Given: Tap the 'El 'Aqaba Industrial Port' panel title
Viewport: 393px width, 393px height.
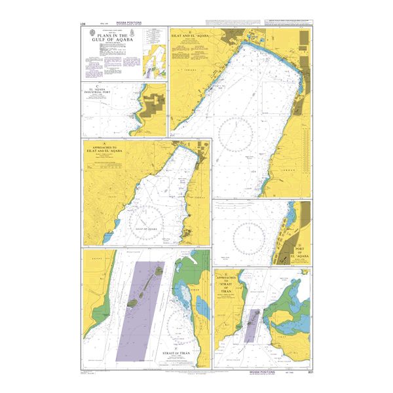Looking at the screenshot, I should (100, 92).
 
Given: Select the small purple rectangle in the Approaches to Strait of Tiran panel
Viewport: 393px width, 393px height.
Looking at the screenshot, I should (252, 326).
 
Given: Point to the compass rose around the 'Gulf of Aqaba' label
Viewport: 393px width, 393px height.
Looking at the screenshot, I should (149, 221).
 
